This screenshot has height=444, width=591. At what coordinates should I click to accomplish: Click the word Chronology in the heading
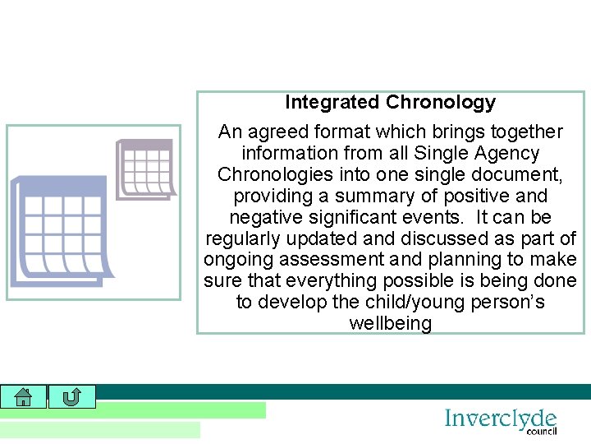pyautogui.click(x=441, y=103)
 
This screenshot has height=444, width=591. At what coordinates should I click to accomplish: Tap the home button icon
pyautogui.click(x=23, y=397)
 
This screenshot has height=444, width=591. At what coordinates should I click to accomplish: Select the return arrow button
pyautogui.click(x=71, y=397)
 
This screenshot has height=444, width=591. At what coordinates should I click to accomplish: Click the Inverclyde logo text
pyautogui.click(x=500, y=419)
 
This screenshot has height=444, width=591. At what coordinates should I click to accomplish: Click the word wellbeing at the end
pyautogui.click(x=390, y=324)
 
